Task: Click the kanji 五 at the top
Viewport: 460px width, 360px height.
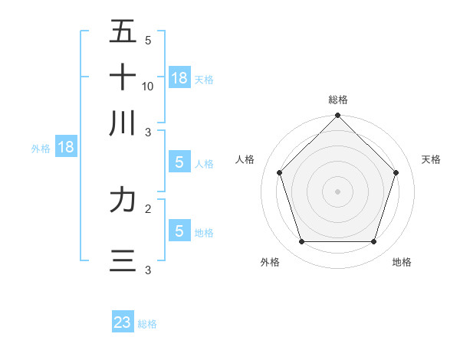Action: click(x=123, y=32)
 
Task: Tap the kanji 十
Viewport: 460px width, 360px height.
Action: click(x=123, y=77)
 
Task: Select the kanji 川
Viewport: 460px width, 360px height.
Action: click(x=123, y=123)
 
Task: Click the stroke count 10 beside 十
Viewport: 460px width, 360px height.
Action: click(x=148, y=86)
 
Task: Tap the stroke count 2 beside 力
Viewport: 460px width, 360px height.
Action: click(x=147, y=208)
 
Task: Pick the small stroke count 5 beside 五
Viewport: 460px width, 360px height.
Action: click(x=147, y=40)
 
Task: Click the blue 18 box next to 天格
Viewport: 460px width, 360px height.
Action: click(x=179, y=77)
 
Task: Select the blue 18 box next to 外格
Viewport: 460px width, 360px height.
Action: click(x=66, y=147)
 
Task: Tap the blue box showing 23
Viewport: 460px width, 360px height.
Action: click(x=123, y=322)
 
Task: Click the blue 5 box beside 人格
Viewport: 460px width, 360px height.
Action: click(x=179, y=162)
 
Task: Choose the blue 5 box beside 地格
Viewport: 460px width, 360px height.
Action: click(x=179, y=231)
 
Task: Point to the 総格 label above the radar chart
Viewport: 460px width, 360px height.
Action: click(x=338, y=100)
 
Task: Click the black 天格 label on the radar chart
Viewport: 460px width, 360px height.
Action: click(x=431, y=159)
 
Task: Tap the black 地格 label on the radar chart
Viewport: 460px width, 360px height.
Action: click(x=402, y=262)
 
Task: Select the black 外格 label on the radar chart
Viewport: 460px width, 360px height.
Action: click(x=270, y=262)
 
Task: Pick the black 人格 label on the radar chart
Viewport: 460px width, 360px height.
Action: click(x=245, y=159)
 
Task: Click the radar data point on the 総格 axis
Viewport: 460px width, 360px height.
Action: click(x=338, y=116)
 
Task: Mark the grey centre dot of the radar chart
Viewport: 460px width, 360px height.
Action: click(x=338, y=191)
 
